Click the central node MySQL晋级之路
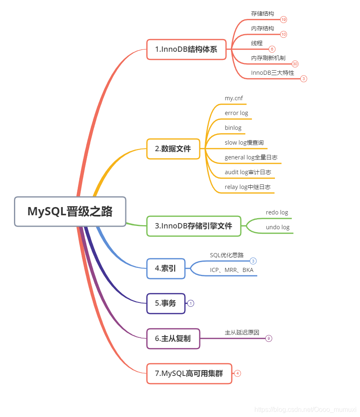click(x=70, y=211)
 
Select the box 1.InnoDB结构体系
click(x=186, y=49)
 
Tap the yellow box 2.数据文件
click(x=173, y=149)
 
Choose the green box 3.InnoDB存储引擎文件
click(x=194, y=226)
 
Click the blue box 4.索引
click(x=166, y=269)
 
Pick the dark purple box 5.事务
click(x=166, y=303)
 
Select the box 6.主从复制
click(x=173, y=339)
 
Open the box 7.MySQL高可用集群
click(x=189, y=373)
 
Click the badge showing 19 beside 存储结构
click(x=284, y=19)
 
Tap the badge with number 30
click(x=295, y=64)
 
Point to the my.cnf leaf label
click(x=234, y=98)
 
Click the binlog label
click(x=233, y=128)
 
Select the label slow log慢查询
click(x=244, y=143)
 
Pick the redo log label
click(x=277, y=212)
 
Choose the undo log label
click(x=278, y=227)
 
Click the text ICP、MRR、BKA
click(x=232, y=270)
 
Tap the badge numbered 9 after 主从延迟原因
click(x=269, y=339)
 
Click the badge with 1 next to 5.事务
click(x=191, y=303)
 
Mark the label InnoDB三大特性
click(x=272, y=73)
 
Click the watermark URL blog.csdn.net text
click(x=305, y=410)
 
